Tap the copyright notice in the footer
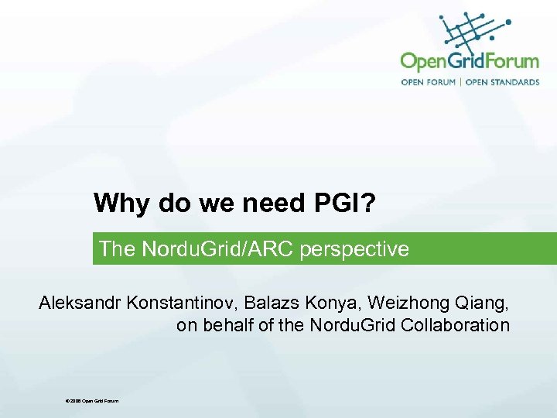point(93,400)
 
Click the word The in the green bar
point(116,249)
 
